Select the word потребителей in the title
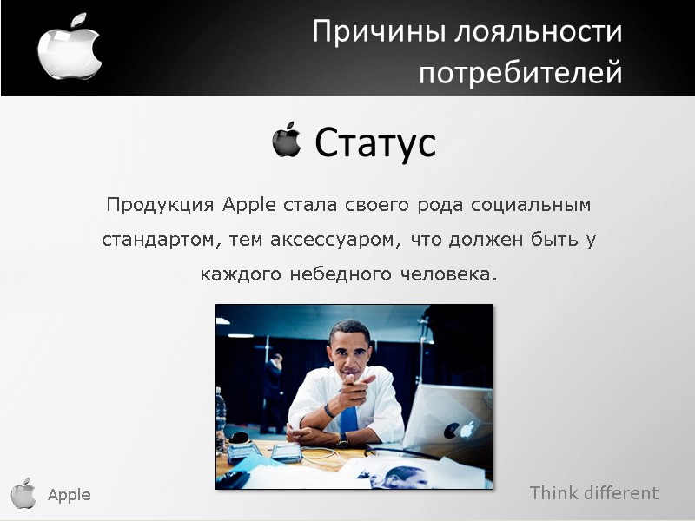520,73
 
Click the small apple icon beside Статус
286,140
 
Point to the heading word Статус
374,142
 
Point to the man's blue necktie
349,420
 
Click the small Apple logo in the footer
23,493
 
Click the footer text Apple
69,495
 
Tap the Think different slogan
594,493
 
